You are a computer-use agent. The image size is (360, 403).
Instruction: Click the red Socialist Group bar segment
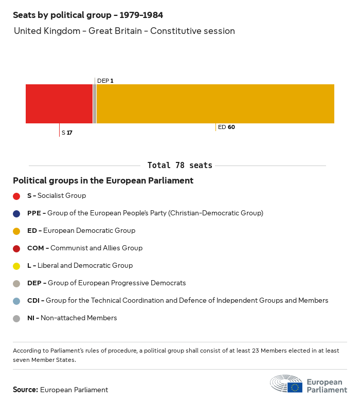pos(59,103)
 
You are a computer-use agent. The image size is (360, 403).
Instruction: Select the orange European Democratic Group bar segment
pos(215,103)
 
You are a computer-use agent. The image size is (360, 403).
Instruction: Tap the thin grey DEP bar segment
pos(95,103)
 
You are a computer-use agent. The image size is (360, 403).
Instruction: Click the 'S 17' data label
pos(67,133)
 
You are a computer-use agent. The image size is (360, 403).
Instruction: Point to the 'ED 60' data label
pos(226,127)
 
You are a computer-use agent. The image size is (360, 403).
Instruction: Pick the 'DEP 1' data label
pos(105,81)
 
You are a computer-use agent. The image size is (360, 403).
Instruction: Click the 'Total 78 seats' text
pos(179,165)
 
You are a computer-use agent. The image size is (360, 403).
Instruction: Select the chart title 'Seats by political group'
pos(88,15)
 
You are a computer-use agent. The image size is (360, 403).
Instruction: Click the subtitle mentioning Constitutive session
pos(124,31)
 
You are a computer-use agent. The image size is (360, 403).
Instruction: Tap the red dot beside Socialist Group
pos(16,196)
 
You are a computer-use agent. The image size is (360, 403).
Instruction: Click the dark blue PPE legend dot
pos(16,213)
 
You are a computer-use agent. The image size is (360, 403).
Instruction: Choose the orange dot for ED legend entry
pos(16,231)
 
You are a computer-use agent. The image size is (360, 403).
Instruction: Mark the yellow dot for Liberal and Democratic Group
pos(16,266)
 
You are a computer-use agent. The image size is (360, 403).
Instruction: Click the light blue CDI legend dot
pos(16,301)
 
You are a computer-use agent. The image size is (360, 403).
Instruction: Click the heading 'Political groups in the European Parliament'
pos(103,181)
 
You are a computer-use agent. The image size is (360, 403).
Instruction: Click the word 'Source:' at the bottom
pos(25,390)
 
